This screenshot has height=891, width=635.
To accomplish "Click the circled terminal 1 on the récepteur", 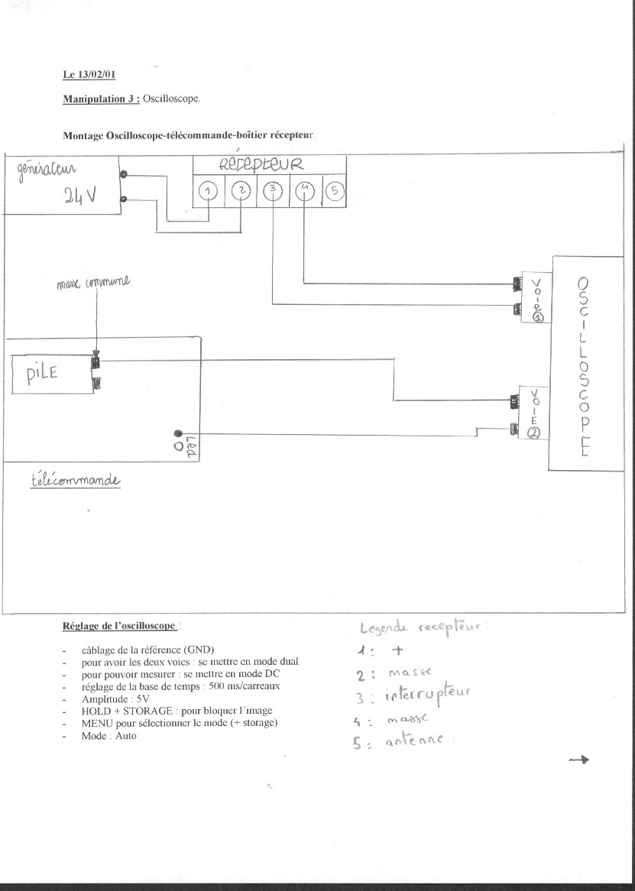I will [x=209, y=190].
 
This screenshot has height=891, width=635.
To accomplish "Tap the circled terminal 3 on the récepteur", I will [x=272, y=190].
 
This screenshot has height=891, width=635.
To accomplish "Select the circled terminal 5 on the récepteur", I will [x=335, y=190].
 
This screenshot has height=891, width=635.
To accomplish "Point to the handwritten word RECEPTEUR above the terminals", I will [x=261, y=164].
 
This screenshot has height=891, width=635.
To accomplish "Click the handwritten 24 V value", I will [x=79, y=196].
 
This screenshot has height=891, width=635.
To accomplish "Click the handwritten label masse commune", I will [x=93, y=283].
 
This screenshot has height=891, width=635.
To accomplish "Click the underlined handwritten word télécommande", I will [x=76, y=481].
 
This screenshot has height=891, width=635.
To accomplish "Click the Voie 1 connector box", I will [x=537, y=297].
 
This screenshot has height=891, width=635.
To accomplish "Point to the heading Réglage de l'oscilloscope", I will [x=119, y=626].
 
